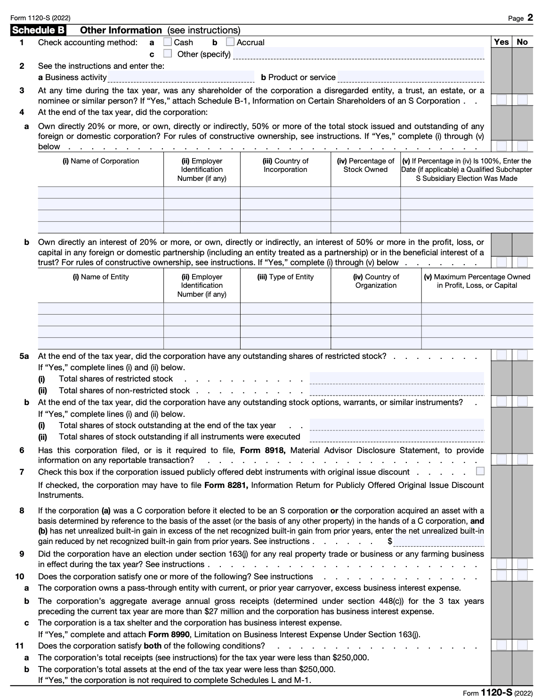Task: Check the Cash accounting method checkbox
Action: pos(168,42)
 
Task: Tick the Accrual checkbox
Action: pos(230,42)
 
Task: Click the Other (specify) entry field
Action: pos(358,54)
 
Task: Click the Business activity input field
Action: pos(181,77)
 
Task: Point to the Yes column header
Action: pos(501,42)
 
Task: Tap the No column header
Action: pos(522,42)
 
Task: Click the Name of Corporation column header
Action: pos(101,161)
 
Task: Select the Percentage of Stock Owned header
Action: pos(365,165)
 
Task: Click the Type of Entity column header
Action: pos(285,277)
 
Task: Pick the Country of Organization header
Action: pos(376,281)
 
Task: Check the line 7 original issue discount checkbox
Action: pos(480,471)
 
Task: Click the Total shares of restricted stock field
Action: pos(397,379)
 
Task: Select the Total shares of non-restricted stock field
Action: pos(397,390)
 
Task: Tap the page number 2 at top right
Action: pos(530,18)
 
